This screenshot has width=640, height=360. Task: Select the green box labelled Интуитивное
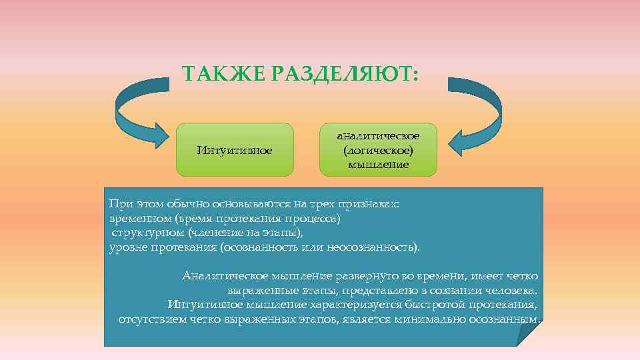[235, 150]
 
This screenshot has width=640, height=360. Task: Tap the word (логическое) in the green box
[378, 150]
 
